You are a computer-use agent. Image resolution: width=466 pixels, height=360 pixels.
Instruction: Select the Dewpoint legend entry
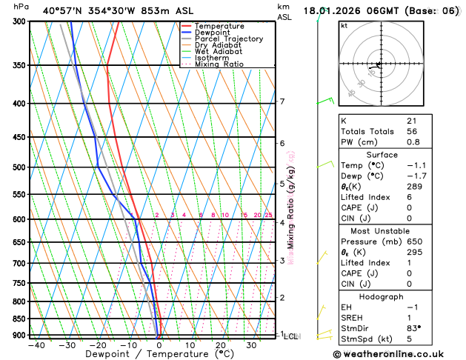[x=212, y=33]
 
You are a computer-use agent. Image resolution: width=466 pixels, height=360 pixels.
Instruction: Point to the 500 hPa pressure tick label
[x=20, y=167]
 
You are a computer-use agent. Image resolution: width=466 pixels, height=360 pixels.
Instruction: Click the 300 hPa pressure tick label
[x=20, y=21]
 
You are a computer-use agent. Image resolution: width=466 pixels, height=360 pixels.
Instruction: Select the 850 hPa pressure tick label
[x=20, y=319]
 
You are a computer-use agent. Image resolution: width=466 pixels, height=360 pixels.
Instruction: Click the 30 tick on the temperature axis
[x=251, y=345]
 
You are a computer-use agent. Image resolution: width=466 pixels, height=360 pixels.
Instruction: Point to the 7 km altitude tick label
[x=282, y=101]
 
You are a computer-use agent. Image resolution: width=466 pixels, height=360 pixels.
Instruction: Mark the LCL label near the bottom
[x=290, y=336]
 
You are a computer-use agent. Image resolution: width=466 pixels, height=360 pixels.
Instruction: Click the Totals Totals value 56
[x=412, y=131]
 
